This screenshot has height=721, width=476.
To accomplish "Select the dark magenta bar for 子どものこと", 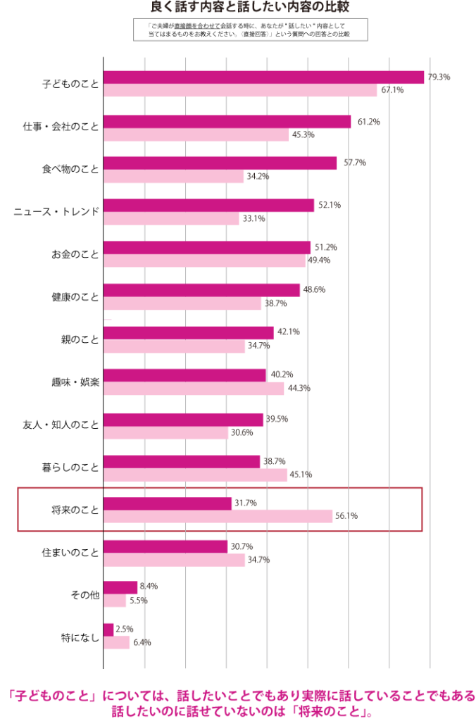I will point(263,77).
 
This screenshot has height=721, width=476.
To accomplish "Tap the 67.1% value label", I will point(392,90).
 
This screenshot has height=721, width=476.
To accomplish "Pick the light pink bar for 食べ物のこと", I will point(173,176).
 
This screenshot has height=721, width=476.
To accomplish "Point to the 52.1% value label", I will point(330,206).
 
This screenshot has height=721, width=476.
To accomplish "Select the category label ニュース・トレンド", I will point(56,211).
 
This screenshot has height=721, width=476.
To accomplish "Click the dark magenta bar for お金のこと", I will point(206,247).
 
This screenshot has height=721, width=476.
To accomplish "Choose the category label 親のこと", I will point(80,339).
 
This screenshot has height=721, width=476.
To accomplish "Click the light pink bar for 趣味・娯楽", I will point(194,388).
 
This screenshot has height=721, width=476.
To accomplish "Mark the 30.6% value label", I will point(242,432).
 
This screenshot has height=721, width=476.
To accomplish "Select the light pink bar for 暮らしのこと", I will point(195,475).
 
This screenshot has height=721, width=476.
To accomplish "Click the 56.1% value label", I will point(347,516).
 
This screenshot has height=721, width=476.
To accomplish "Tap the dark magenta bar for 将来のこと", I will point(167,503).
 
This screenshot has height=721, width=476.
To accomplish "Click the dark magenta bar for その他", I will point(120,587).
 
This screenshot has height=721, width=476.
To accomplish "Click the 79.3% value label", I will point(439,77).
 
